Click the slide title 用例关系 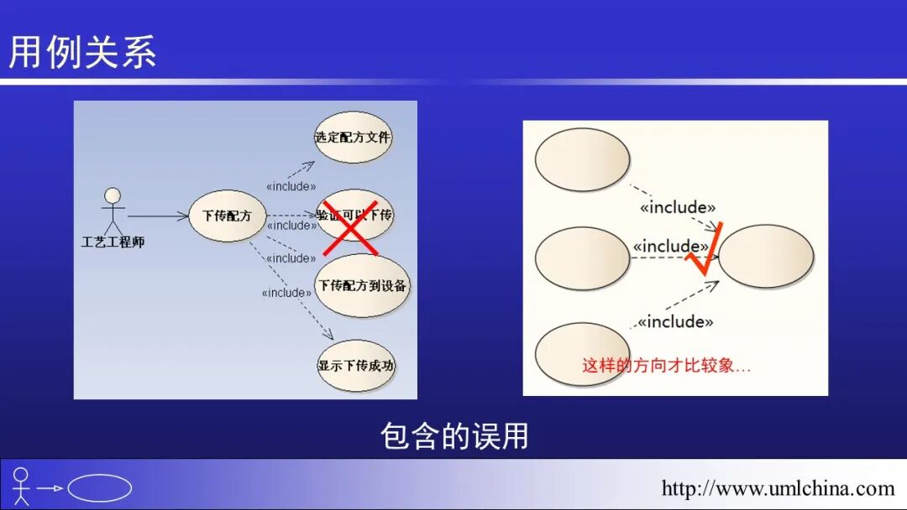pyautogui.click(x=82, y=53)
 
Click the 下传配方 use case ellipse pyautogui.click(x=227, y=216)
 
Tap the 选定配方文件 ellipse pyautogui.click(x=354, y=137)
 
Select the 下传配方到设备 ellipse pyautogui.click(x=363, y=286)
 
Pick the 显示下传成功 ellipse pyautogui.click(x=356, y=366)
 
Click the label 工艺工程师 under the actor pyautogui.click(x=113, y=242)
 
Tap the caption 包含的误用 pyautogui.click(x=453, y=436)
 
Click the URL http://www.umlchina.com pyautogui.click(x=778, y=488)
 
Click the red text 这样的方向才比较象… pyautogui.click(x=666, y=366)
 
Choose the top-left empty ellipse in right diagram pyautogui.click(x=582, y=159)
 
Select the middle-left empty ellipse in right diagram pyautogui.click(x=582, y=258)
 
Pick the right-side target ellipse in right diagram pyautogui.click(x=766, y=257)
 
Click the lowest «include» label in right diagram pyautogui.click(x=675, y=321)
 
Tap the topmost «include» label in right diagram pyautogui.click(x=678, y=207)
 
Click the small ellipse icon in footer pyautogui.click(x=99, y=488)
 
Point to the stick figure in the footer pyautogui.click(x=21, y=486)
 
